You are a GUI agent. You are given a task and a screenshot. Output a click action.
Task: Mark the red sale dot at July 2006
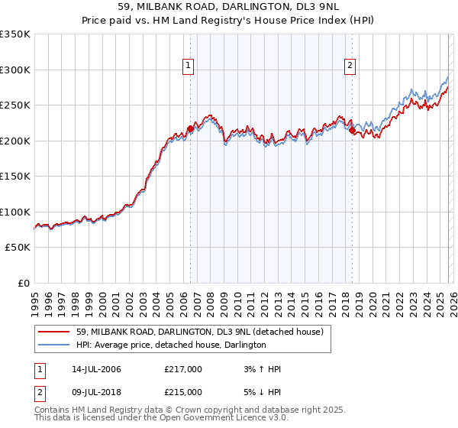point(190,129)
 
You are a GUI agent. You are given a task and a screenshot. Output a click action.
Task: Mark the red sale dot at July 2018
point(352,131)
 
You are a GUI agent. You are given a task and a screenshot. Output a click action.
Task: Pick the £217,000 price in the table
point(183,369)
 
